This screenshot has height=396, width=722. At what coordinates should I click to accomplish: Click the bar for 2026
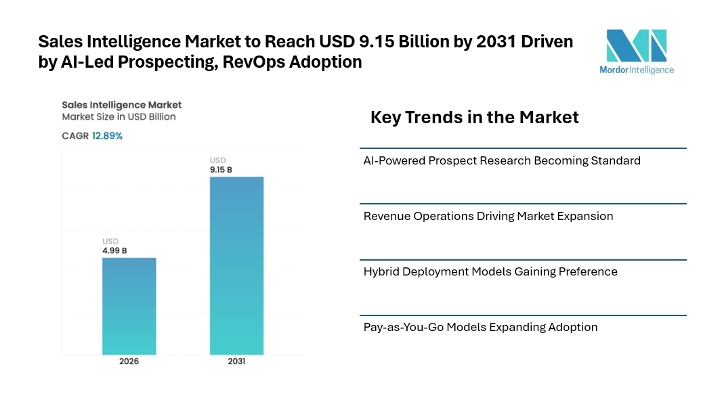[129, 306]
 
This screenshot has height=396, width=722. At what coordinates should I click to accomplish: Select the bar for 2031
[236, 265]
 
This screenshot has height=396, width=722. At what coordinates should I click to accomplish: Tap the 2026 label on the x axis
[129, 361]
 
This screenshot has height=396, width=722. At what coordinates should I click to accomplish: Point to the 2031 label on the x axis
[236, 361]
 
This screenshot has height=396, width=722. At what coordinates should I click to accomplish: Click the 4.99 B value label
[114, 250]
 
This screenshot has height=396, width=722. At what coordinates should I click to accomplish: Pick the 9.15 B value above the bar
[221, 169]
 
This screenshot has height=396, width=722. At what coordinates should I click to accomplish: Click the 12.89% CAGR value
[107, 136]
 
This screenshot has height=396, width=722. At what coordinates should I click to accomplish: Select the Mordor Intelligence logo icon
[637, 45]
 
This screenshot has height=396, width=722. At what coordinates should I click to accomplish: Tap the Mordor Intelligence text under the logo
[637, 70]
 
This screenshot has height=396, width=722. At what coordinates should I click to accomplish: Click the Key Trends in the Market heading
[475, 117]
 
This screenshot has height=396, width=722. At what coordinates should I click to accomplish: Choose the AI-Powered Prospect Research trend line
[502, 160]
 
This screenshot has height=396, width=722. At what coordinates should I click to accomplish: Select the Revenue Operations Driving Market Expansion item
[488, 217]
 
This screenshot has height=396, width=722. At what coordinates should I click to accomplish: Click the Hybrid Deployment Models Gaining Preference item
[490, 271]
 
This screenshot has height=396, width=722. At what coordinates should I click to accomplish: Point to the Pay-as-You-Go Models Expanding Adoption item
[480, 328]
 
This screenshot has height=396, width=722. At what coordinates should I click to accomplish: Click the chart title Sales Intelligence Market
[121, 105]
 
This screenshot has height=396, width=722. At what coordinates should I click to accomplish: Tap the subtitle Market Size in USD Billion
[119, 117]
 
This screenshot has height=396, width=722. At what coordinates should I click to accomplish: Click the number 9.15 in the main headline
[376, 41]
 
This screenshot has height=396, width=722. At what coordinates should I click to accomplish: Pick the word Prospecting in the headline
[168, 62]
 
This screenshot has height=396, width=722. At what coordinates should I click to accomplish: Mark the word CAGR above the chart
[75, 136]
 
